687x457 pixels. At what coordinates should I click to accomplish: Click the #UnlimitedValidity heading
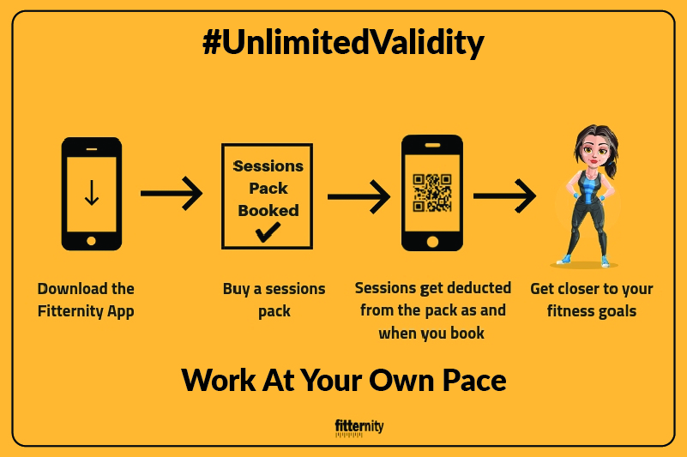[343, 43]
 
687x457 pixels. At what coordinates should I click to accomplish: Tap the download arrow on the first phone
[92, 193]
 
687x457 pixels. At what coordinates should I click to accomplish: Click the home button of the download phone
[91, 241]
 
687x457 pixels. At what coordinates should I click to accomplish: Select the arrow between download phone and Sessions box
[172, 193]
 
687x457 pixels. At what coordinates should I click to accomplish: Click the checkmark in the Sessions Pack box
[268, 232]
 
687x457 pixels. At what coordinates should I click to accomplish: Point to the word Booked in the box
[268, 211]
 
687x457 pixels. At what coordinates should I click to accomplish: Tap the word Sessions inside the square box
[268, 166]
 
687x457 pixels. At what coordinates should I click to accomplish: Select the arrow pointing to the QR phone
[359, 196]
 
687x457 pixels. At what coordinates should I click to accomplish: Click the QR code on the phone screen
[432, 193]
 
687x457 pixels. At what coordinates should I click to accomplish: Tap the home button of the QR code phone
[432, 242]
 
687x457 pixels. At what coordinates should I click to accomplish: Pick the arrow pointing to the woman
[504, 195]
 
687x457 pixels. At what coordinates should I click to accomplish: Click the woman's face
[595, 151]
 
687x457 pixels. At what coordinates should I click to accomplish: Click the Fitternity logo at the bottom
[359, 428]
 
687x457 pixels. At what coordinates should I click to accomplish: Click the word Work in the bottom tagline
[218, 380]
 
